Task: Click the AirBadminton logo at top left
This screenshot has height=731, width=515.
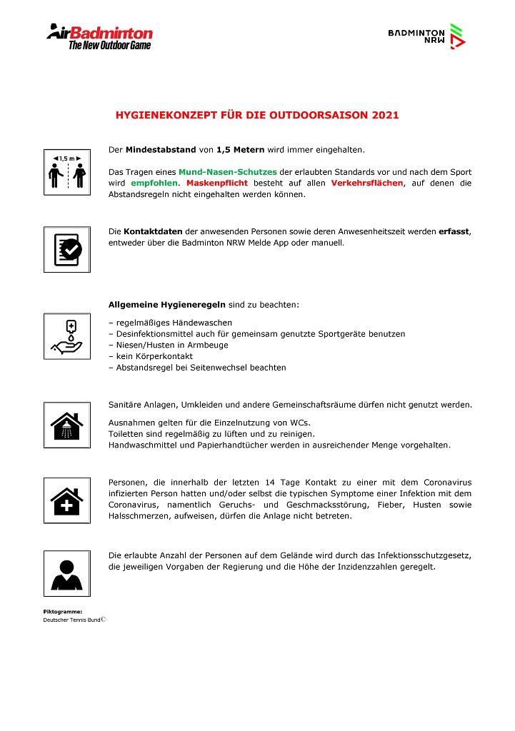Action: tap(99, 36)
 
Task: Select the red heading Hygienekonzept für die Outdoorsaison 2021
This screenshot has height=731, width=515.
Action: tap(257, 114)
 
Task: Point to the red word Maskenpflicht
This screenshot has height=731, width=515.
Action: tap(217, 183)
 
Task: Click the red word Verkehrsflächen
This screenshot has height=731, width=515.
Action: tap(366, 183)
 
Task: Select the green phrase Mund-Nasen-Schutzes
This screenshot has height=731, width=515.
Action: tap(227, 172)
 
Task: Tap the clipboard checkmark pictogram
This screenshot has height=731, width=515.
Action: tap(66, 249)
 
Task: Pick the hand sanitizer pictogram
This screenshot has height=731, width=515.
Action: tap(66, 336)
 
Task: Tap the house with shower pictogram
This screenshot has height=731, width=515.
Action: tap(66, 425)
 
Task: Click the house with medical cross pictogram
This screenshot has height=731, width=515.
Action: tap(66, 500)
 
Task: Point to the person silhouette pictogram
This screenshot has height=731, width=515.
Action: tap(66, 573)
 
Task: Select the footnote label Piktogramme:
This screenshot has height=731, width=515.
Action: tap(63, 612)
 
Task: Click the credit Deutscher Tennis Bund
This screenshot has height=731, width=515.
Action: tap(72, 620)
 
